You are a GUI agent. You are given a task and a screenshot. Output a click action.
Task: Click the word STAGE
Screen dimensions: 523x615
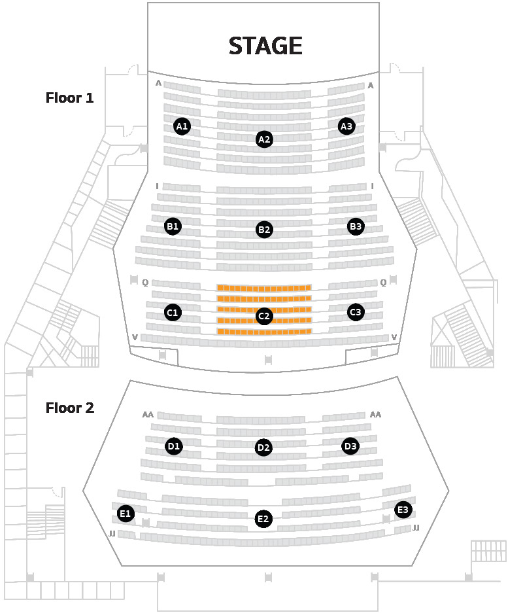click(x=265, y=46)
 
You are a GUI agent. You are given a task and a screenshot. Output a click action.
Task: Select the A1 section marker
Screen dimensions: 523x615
click(x=182, y=126)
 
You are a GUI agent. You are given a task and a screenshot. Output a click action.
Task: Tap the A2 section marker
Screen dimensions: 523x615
click(x=264, y=139)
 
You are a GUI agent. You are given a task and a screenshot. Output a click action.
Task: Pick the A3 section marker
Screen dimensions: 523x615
click(x=346, y=126)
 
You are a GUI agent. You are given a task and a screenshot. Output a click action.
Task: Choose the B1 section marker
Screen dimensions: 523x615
click(x=173, y=226)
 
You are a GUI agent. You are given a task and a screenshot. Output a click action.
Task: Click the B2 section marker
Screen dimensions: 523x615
click(x=264, y=230)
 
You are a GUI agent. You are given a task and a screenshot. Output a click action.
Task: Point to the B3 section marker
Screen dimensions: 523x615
click(x=356, y=226)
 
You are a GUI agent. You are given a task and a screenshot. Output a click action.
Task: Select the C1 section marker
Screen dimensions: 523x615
click(x=173, y=313)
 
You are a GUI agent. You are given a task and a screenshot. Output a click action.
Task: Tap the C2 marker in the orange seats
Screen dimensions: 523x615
click(x=264, y=316)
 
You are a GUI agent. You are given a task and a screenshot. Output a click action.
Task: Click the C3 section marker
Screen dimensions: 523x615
click(x=356, y=312)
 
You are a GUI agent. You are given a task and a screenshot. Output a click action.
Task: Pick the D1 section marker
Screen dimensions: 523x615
click(x=174, y=446)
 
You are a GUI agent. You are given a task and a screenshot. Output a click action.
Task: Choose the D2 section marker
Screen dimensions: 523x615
click(x=263, y=448)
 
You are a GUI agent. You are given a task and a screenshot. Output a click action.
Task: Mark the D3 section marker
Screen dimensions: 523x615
click(x=350, y=446)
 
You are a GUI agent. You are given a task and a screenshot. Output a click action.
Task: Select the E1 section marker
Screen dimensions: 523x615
click(x=126, y=514)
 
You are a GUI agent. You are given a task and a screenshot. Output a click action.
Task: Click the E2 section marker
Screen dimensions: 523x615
click(x=263, y=519)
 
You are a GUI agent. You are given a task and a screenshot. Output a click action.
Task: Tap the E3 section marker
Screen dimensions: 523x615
click(x=403, y=510)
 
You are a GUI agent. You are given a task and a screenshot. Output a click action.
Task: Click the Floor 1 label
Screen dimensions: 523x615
click(x=70, y=97)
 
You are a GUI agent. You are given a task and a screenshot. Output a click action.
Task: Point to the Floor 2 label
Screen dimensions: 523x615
click(x=70, y=408)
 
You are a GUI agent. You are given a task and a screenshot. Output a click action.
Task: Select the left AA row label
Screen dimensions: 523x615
click(x=148, y=415)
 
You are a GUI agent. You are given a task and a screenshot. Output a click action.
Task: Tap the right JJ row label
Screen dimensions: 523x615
click(x=416, y=528)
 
